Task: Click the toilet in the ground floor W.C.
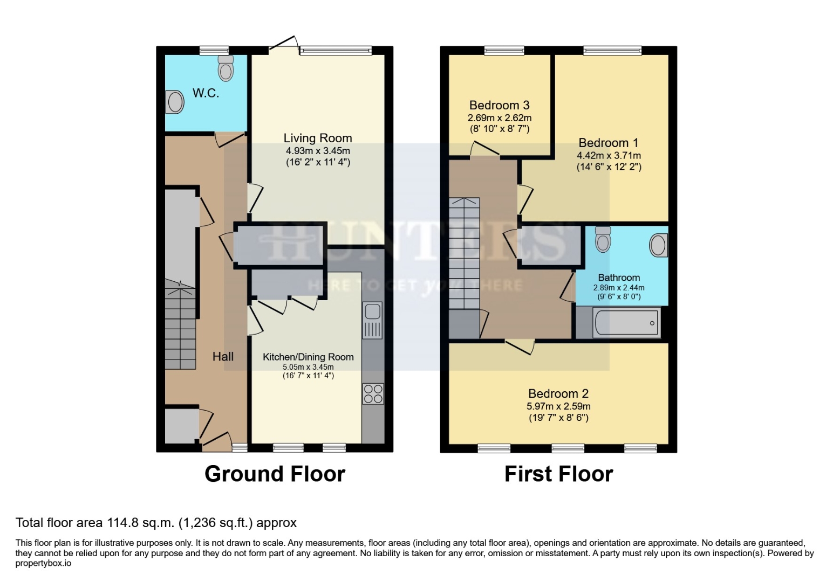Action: (x=226, y=68)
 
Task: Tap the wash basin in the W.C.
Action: (x=175, y=102)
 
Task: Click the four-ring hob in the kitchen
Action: (x=373, y=393)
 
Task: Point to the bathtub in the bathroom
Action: (x=626, y=323)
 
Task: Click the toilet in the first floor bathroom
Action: (x=603, y=239)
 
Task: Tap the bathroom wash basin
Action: (x=658, y=245)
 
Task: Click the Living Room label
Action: (x=318, y=138)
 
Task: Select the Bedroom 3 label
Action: (x=499, y=106)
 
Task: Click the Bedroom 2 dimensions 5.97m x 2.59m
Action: (x=558, y=406)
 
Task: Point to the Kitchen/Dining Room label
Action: (x=308, y=357)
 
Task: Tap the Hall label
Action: (x=223, y=356)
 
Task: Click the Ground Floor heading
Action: (x=275, y=474)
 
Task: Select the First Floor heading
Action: (x=558, y=474)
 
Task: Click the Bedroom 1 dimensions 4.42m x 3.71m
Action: (x=609, y=155)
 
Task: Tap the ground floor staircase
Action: (x=180, y=329)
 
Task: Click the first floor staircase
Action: (x=464, y=253)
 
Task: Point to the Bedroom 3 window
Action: (x=504, y=51)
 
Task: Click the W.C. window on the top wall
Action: (x=214, y=51)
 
